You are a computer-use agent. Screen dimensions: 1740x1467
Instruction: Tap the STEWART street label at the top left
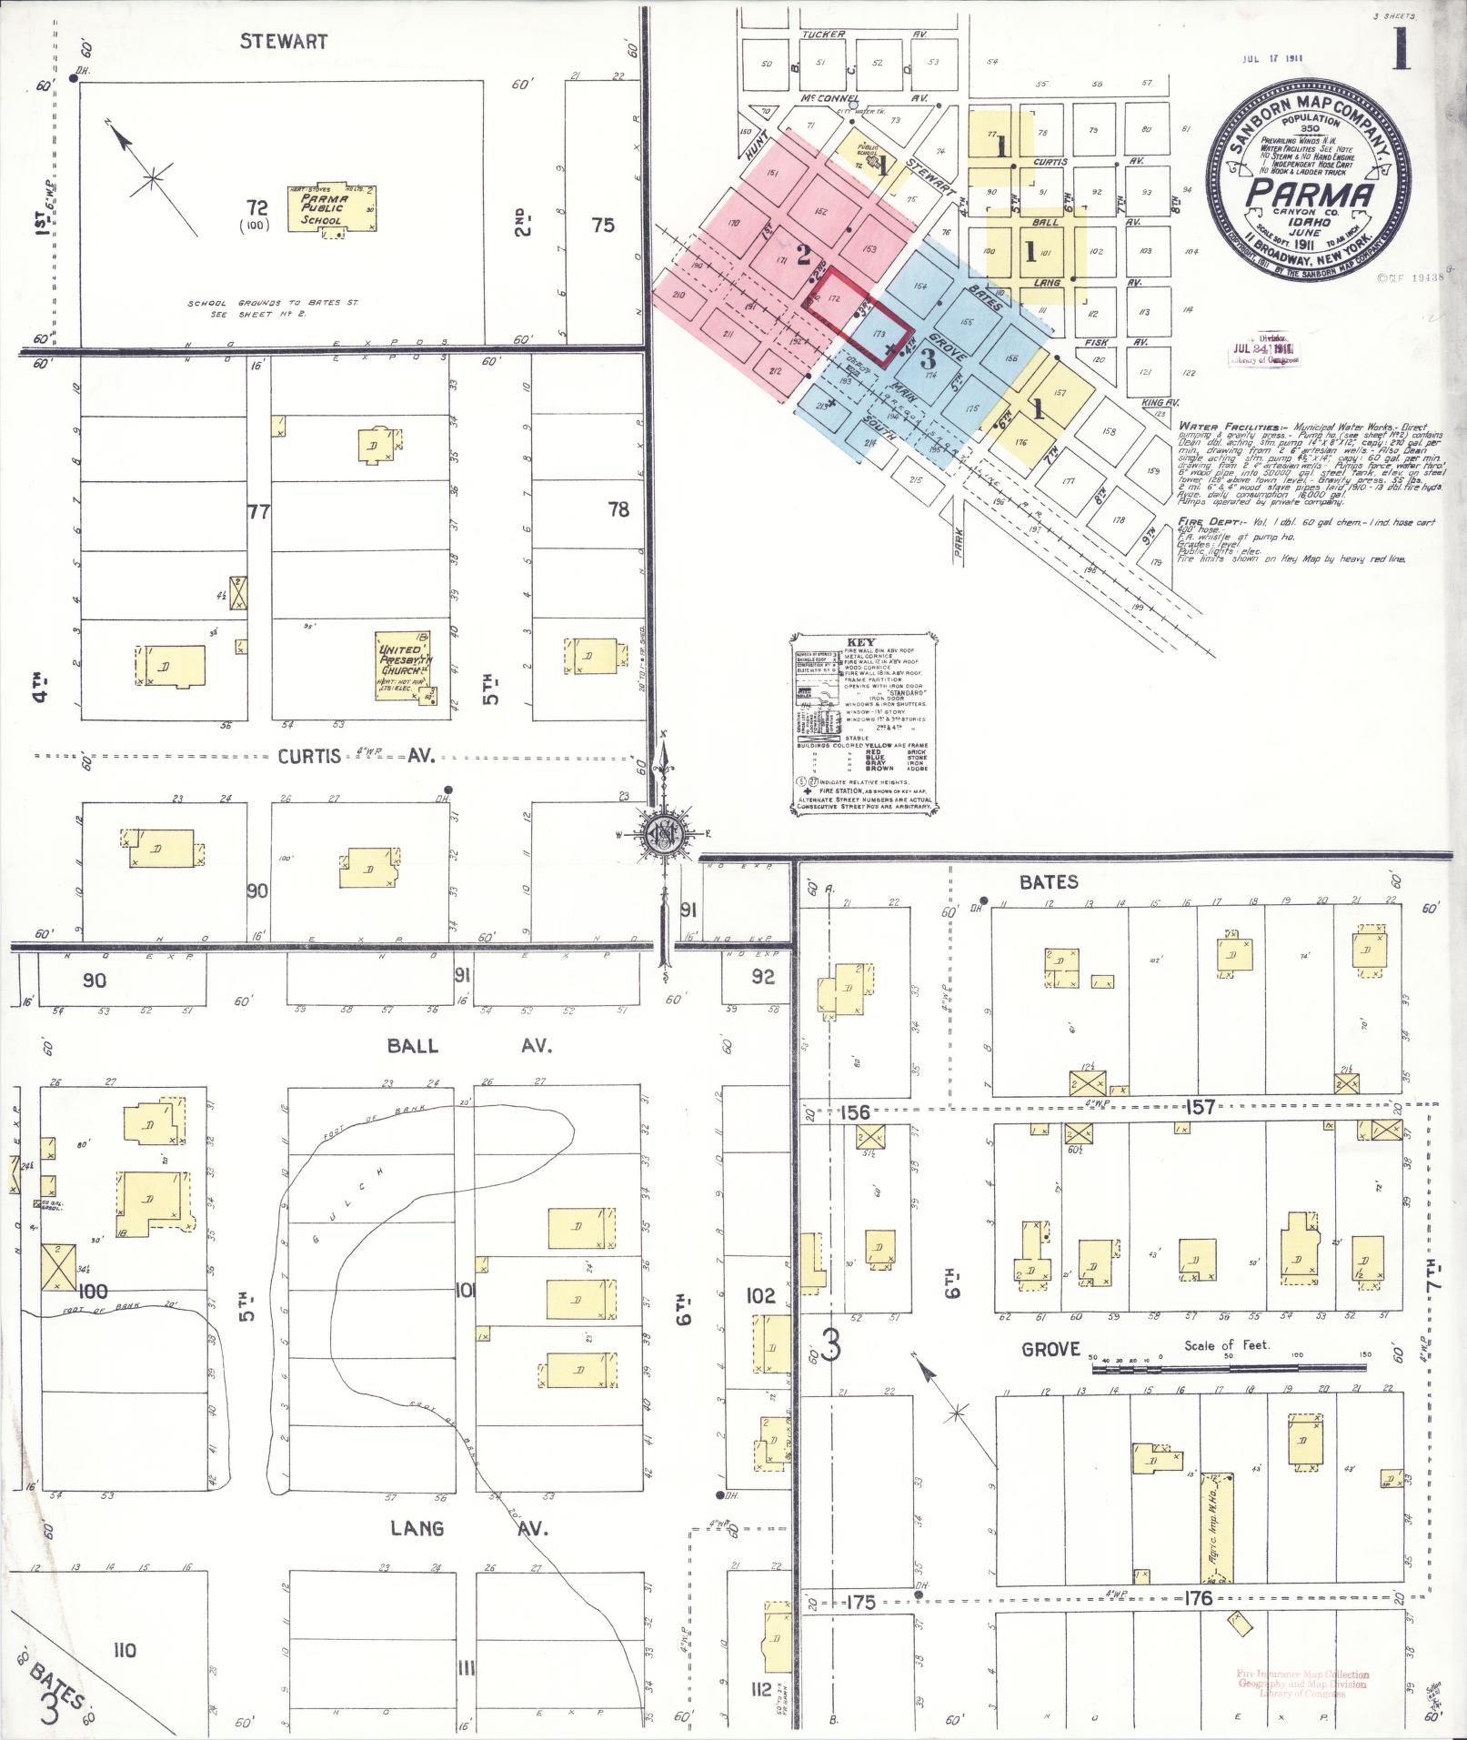284,42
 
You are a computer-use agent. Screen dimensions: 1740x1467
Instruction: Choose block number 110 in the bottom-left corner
124,1649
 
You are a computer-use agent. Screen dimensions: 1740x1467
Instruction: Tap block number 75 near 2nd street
603,225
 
